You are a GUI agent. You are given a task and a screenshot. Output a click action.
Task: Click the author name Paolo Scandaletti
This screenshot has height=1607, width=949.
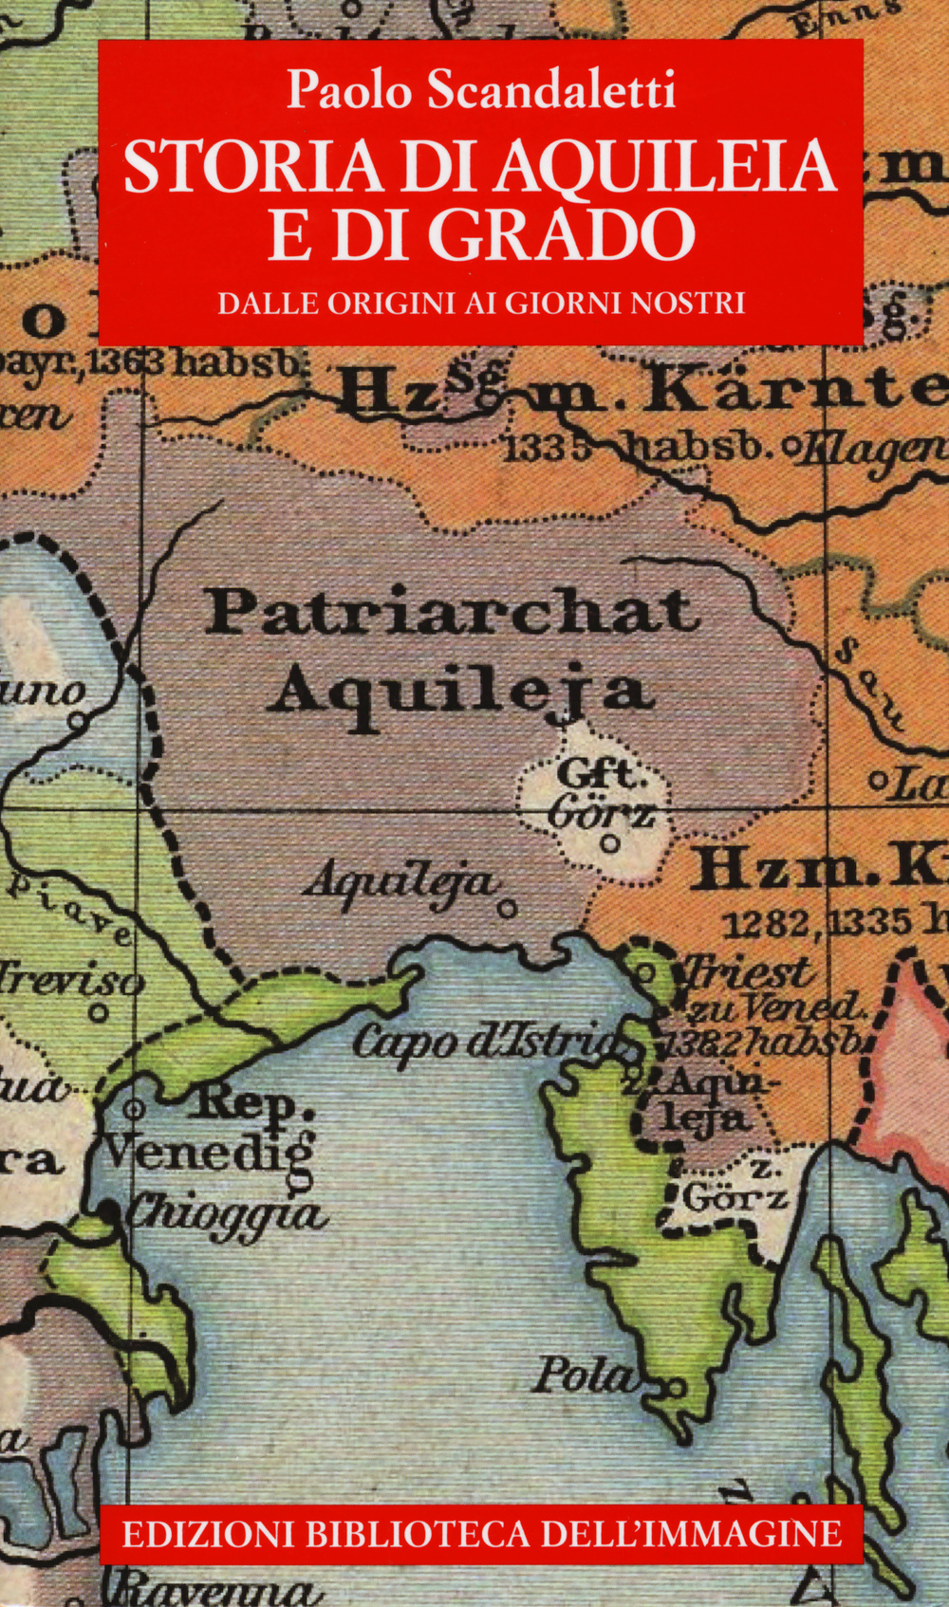(481, 90)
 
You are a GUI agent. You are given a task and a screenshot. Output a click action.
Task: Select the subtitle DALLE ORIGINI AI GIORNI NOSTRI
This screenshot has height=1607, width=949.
(481, 303)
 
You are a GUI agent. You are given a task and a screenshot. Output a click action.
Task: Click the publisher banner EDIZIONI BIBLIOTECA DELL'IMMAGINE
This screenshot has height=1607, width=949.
(481, 1533)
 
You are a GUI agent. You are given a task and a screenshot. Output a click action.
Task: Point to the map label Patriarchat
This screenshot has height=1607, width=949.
(452, 612)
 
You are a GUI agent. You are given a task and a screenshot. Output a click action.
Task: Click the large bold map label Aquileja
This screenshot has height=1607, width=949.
(460, 690)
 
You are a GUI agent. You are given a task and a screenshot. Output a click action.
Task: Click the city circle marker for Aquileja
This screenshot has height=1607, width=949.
(508, 909)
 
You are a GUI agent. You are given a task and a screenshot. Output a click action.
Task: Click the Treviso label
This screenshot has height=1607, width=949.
(71, 978)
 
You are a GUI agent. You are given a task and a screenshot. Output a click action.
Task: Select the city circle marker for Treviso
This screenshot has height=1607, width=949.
(99, 1012)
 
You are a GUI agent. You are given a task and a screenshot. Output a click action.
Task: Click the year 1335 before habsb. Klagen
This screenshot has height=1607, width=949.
(536, 446)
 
